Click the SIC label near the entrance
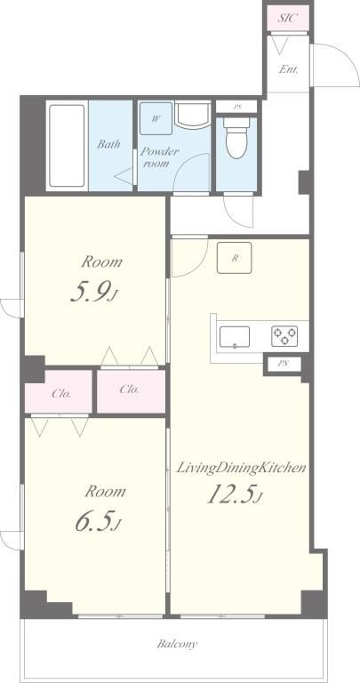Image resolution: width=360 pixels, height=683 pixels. pyautogui.click(x=287, y=18)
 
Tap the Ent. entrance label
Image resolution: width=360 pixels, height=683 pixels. pyautogui.click(x=288, y=68)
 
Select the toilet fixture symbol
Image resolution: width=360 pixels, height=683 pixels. pyautogui.click(x=236, y=137)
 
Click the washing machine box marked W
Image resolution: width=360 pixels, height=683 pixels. pyautogui.click(x=156, y=118)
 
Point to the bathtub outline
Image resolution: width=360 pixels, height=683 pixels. pyautogui.click(x=67, y=146)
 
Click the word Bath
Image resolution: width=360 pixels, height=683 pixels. pyautogui.click(x=108, y=144)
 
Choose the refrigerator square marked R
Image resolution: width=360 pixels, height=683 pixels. pyautogui.click(x=234, y=257)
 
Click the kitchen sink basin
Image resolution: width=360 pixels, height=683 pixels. pyautogui.click(x=235, y=337)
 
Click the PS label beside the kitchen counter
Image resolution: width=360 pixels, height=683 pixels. pyautogui.click(x=284, y=364)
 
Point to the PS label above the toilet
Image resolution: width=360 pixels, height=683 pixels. pyautogui.click(x=237, y=107)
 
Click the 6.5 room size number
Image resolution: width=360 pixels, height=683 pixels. pyautogui.click(x=97, y=521)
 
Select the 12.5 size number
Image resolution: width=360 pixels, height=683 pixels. pyautogui.click(x=234, y=494)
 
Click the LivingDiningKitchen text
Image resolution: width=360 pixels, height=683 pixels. pyautogui.click(x=241, y=469)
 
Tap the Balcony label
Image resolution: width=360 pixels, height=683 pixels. pyautogui.click(x=177, y=643)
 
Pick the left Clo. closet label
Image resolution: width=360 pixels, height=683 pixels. pyautogui.click(x=61, y=394)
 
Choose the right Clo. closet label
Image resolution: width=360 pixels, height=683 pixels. pyautogui.click(x=129, y=390)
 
